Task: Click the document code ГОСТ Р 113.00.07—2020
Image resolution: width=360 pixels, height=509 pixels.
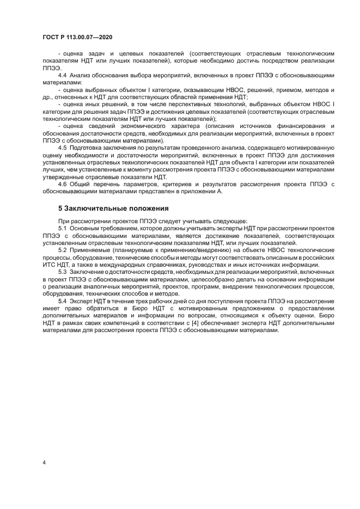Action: (77, 37)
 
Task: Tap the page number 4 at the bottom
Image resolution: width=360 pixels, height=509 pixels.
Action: (44, 462)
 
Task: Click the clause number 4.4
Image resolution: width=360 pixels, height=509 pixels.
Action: (62, 75)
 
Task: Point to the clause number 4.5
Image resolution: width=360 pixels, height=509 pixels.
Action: (62, 148)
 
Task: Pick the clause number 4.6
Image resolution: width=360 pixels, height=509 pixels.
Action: (62, 184)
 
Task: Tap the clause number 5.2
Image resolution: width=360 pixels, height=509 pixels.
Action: (62, 249)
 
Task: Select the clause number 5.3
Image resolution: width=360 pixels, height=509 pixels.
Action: (62, 271)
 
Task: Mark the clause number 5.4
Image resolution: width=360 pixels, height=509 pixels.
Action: (62, 301)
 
